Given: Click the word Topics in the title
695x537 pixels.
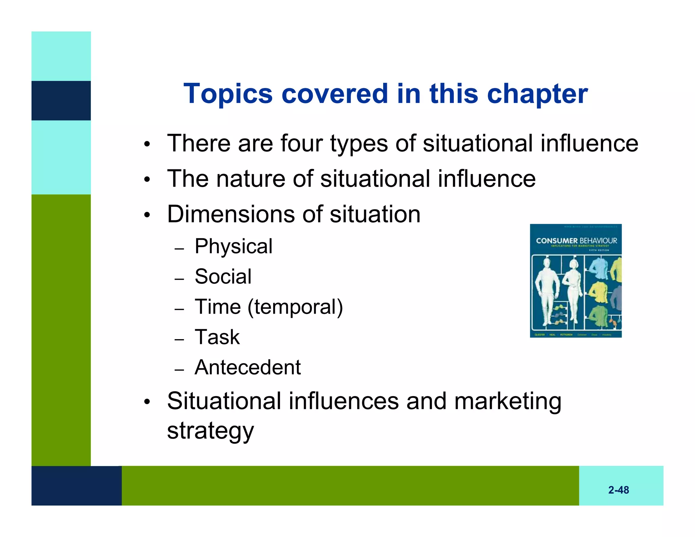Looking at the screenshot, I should click(x=228, y=94).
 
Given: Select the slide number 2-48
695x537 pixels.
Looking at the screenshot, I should click(x=618, y=490).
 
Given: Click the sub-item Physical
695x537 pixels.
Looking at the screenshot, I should click(x=233, y=246).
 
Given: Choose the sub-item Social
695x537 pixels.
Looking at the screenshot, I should click(x=223, y=276).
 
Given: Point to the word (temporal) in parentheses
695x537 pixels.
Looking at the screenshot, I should click(x=295, y=307).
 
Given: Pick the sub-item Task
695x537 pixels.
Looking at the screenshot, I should click(x=217, y=337).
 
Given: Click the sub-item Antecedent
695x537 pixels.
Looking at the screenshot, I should click(x=247, y=367).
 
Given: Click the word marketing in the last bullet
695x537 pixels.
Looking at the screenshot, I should click(x=508, y=401).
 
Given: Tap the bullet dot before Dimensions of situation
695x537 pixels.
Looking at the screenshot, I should click(x=147, y=215).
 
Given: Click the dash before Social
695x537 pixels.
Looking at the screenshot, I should click(x=179, y=279).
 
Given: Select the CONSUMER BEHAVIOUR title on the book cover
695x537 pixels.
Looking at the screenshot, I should click(x=576, y=241).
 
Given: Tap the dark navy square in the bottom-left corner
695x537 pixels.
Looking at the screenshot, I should click(x=76, y=485).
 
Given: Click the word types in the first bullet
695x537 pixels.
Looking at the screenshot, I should click(x=359, y=144).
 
